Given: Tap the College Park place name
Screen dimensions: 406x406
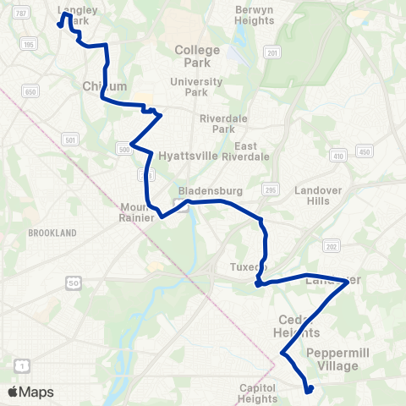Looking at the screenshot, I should tap(197, 56).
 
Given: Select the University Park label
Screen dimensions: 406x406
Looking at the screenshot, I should tap(195, 87).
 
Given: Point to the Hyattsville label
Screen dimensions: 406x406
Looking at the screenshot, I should tap(189, 156).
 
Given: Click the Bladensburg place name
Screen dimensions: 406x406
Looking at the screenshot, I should tap(200, 191).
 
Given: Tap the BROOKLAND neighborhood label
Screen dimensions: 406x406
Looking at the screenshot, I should tap(52, 233).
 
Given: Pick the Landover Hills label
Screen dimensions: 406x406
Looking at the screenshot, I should tap(317, 196).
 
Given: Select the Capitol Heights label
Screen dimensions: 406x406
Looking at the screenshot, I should tap(258, 393).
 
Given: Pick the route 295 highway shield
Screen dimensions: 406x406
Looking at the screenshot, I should tap(270, 188).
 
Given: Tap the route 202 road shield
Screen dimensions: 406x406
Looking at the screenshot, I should tap(331, 246).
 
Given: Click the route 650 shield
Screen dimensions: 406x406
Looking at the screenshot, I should tap(31, 91).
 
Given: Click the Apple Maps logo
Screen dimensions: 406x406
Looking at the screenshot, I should tap(30, 392).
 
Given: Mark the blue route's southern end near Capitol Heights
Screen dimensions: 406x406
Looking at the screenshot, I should tap(310, 390).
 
